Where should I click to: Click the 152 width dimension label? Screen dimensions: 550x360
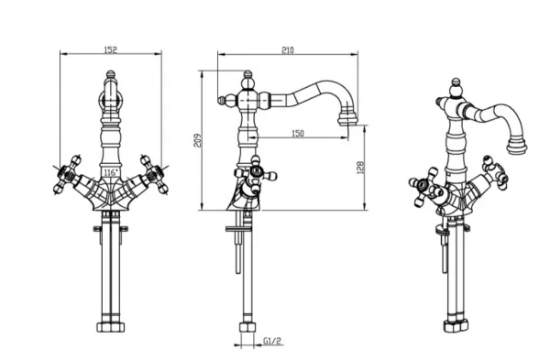[x=111, y=49]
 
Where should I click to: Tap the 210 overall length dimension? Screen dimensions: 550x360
[x=288, y=50]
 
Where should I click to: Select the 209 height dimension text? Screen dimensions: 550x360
[x=198, y=140]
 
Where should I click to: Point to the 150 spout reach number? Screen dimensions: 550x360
[x=298, y=133]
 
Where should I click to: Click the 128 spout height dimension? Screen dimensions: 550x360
[x=360, y=168]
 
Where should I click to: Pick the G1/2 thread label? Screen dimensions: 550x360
[x=272, y=341]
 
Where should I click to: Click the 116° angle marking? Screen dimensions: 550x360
[x=111, y=172]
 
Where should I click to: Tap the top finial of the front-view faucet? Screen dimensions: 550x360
[x=111, y=74]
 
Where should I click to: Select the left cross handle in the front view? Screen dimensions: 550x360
[x=68, y=174]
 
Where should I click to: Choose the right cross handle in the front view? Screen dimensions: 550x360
[x=154, y=174]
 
